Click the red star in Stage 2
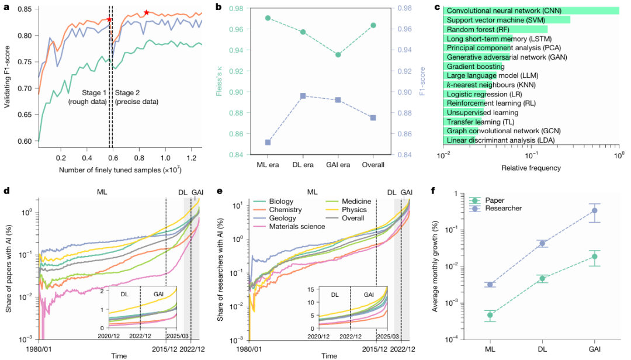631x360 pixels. point(146,12)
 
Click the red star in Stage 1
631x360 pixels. point(109,20)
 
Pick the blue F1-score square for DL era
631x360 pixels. point(303,96)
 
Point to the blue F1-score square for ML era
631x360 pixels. point(268,142)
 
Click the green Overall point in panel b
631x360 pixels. point(373,25)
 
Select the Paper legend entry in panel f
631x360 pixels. point(491,199)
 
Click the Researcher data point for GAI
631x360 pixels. point(595,210)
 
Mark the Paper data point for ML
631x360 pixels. point(490,315)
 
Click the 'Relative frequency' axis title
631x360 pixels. point(531,168)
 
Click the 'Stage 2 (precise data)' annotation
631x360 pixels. point(136,98)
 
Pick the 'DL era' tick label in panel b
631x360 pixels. point(303,165)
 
